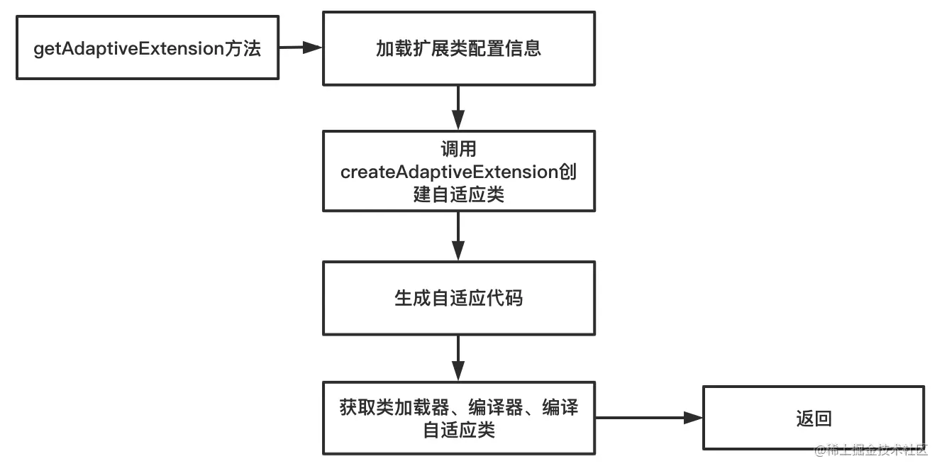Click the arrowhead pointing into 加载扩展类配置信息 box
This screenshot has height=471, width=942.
click(312, 47)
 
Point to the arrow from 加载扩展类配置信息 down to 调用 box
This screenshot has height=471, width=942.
click(458, 108)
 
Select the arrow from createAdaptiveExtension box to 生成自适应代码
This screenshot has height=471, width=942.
click(458, 236)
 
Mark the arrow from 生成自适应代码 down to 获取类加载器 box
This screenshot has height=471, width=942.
click(458, 358)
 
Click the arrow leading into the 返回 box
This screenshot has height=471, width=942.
click(649, 418)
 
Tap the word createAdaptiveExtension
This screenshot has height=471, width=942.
click(449, 172)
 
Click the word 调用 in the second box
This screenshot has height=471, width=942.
click(458, 149)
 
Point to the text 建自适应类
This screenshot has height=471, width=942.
click(458, 194)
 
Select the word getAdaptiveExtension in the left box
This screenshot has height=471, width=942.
click(128, 48)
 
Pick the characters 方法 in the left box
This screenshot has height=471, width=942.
click(243, 48)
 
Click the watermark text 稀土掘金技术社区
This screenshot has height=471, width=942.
click(877, 450)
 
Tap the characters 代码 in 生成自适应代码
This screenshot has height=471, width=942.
click(504, 298)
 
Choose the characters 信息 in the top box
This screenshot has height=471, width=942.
click(523, 48)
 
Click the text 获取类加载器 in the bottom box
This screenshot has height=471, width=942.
click(394, 407)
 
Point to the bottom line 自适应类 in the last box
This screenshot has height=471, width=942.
click(458, 430)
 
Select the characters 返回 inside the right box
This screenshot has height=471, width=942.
click(814, 419)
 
